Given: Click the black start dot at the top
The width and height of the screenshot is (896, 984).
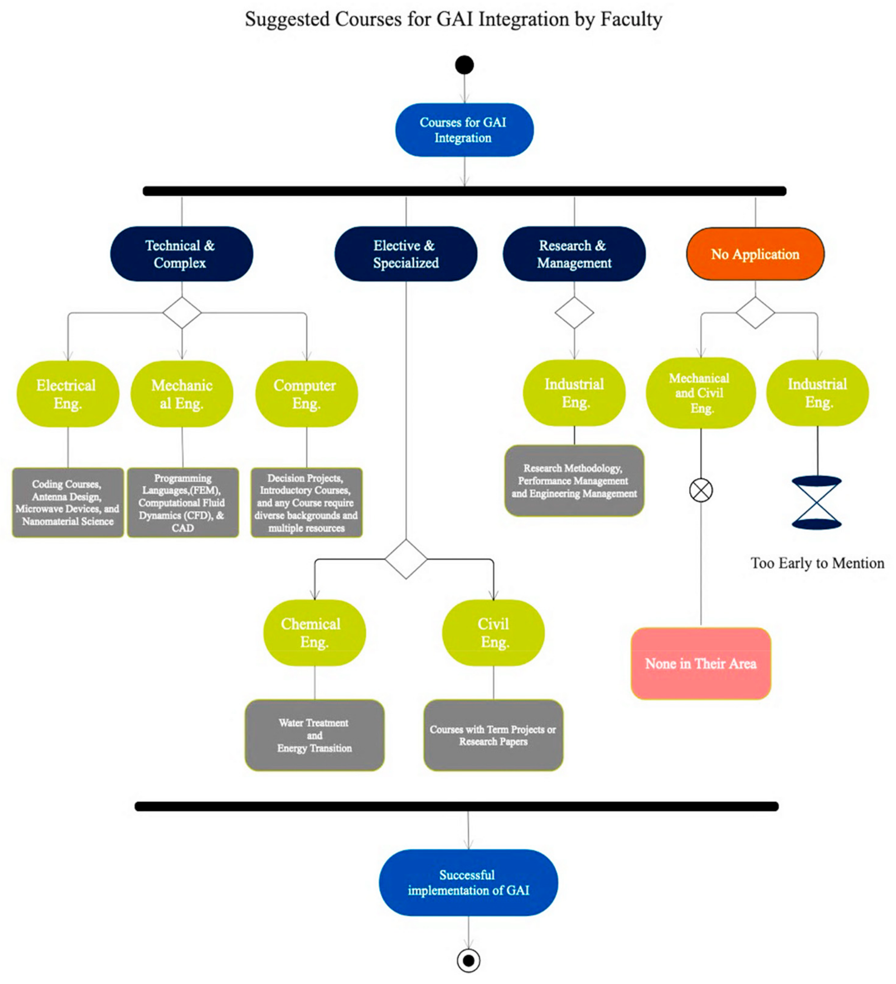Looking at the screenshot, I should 464,64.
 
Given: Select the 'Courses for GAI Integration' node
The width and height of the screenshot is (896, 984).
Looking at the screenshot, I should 464,130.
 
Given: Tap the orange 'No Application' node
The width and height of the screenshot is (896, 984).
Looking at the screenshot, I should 755,254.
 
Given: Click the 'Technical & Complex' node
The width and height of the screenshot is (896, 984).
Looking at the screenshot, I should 181,254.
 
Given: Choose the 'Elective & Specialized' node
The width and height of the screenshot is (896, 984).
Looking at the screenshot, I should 405,254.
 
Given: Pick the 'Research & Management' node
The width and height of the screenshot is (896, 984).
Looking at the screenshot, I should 574,254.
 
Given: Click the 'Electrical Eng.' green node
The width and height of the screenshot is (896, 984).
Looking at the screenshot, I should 67,394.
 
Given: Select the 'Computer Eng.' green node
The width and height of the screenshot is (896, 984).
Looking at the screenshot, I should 306,394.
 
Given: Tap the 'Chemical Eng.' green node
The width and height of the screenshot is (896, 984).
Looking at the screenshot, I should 314,633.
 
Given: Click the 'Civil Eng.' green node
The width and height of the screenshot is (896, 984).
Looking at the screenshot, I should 493,633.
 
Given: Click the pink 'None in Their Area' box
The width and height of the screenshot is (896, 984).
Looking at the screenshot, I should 700,663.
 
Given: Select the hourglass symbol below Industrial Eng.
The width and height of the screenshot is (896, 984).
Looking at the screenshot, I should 816,503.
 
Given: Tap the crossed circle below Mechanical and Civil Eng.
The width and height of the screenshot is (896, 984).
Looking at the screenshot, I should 700,490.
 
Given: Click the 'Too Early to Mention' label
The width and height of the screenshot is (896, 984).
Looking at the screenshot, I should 817,563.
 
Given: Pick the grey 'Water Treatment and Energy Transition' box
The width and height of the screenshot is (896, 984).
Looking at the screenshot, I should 314,735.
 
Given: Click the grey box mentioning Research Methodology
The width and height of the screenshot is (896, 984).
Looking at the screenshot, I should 574,481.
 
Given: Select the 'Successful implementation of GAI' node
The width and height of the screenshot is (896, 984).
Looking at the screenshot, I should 468,883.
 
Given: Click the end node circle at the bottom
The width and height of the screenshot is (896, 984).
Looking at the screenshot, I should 468,960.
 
